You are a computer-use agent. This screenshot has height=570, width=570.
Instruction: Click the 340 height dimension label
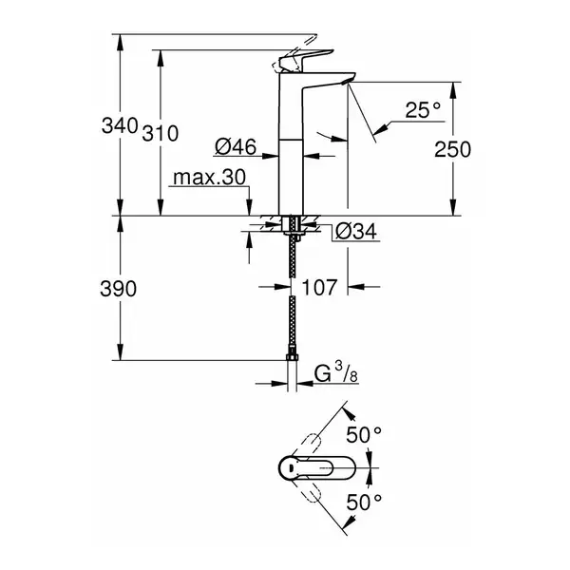pyautogui.click(x=120, y=125)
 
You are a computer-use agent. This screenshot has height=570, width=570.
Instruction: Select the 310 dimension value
pyautogui.click(x=161, y=133)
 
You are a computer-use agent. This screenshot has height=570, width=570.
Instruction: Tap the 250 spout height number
pyautogui.click(x=452, y=149)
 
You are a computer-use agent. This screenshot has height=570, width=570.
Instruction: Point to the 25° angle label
pyautogui.click(x=423, y=109)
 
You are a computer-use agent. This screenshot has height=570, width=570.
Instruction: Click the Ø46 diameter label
pyautogui.click(x=236, y=147)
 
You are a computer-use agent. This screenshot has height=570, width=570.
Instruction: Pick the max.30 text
pyautogui.click(x=209, y=178)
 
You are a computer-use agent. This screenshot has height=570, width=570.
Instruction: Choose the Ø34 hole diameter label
pyautogui.click(x=356, y=231)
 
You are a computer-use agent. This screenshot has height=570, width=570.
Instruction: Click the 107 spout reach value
pyautogui.click(x=319, y=287)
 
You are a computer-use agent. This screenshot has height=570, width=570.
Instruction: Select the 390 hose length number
pyautogui.click(x=119, y=289)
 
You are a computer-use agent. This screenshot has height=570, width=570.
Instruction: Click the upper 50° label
pyautogui.click(x=364, y=434)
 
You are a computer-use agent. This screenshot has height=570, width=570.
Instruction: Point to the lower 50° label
pyautogui.click(x=364, y=503)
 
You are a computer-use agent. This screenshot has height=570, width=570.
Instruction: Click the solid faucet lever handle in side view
pyautogui.click(x=305, y=60)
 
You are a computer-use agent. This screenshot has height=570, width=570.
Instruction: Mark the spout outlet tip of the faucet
pyautogui.click(x=347, y=82)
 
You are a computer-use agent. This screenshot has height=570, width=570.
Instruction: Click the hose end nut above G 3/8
pyautogui.click(x=292, y=356)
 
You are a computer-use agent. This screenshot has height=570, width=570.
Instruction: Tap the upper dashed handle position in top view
pyautogui.click(x=310, y=445)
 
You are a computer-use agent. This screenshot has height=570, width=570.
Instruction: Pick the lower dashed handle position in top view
pyautogui.click(x=310, y=491)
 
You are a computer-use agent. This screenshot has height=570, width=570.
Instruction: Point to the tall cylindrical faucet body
pyautogui.click(x=291, y=143)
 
